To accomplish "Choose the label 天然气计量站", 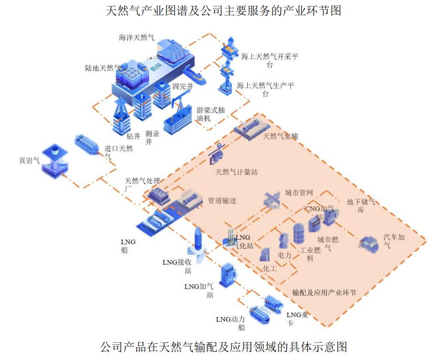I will point(236,172).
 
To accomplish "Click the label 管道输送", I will point(222,201).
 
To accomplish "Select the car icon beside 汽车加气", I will point(369,243).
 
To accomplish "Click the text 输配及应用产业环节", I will point(324,293).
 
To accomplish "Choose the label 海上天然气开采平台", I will point(269,60).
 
